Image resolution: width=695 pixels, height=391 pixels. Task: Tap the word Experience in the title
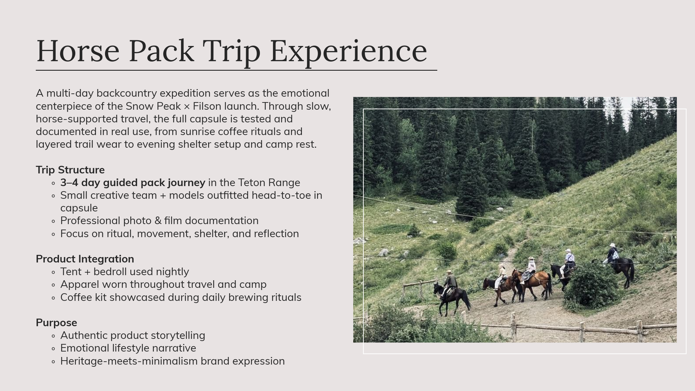348,51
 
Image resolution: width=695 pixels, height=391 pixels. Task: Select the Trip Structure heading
70,170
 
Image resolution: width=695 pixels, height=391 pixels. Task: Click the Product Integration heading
85,259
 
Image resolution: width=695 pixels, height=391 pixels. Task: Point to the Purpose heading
56,323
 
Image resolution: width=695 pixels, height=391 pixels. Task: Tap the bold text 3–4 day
80,182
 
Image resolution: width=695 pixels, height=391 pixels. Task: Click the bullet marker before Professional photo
54,221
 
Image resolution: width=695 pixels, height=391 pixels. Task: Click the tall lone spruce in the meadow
471,188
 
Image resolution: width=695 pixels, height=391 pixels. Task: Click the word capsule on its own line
79,208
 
